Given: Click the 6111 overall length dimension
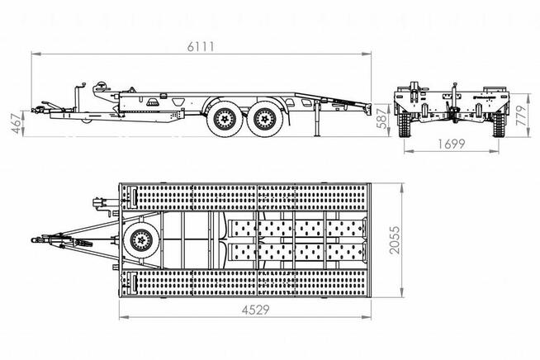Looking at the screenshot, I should (201, 46).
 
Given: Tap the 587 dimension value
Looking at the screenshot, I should (380, 116).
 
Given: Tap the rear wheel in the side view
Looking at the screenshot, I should (266, 121).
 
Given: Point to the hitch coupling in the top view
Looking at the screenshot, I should (36, 240).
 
